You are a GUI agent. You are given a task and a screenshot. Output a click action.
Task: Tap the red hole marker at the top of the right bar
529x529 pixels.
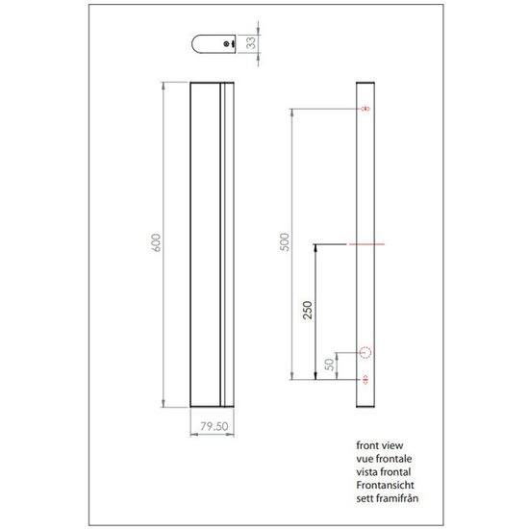tap(365, 110)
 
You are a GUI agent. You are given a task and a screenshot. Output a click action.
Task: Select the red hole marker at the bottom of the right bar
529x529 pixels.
tap(365, 381)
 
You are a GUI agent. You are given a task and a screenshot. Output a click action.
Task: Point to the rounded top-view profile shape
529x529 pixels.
tap(214, 44)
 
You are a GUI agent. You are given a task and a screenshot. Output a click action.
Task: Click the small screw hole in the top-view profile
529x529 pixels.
tap(224, 44)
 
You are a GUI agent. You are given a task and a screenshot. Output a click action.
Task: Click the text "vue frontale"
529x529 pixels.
tap(381, 461)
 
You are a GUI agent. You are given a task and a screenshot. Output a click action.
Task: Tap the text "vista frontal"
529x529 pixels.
tap(381, 473)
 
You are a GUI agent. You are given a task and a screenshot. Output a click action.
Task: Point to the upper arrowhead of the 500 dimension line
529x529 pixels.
tap(292, 113)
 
